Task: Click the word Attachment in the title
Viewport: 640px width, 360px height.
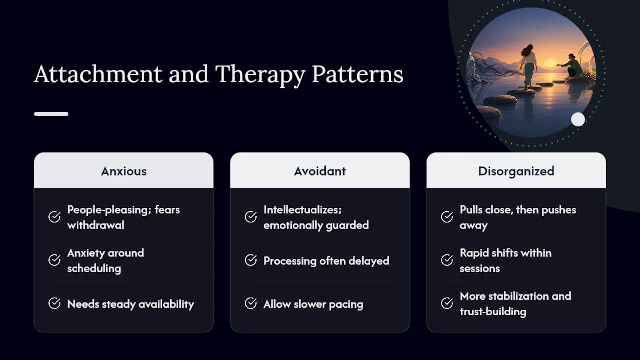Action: click(98, 74)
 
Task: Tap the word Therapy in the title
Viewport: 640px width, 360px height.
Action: click(260, 75)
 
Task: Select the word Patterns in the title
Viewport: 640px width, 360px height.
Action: click(357, 74)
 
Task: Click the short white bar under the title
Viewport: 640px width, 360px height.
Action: click(51, 114)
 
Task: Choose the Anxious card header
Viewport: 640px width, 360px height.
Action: click(123, 170)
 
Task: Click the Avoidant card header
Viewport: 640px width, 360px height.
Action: click(320, 170)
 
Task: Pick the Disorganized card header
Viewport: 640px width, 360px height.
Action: click(516, 170)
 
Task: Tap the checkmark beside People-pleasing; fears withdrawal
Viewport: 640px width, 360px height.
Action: click(54, 217)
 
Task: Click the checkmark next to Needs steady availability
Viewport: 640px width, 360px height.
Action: click(54, 303)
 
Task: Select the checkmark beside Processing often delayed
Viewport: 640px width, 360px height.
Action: click(251, 260)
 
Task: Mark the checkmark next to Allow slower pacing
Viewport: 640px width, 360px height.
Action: click(251, 303)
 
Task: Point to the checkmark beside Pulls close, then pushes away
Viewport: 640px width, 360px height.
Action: click(447, 217)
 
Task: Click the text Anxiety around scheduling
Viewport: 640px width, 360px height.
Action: click(106, 261)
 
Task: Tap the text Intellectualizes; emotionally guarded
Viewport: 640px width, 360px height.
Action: click(316, 217)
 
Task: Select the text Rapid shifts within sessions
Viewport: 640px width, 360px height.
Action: click(506, 261)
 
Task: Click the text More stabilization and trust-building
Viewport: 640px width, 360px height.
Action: click(515, 304)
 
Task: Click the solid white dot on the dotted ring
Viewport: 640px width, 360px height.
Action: click(578, 119)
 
